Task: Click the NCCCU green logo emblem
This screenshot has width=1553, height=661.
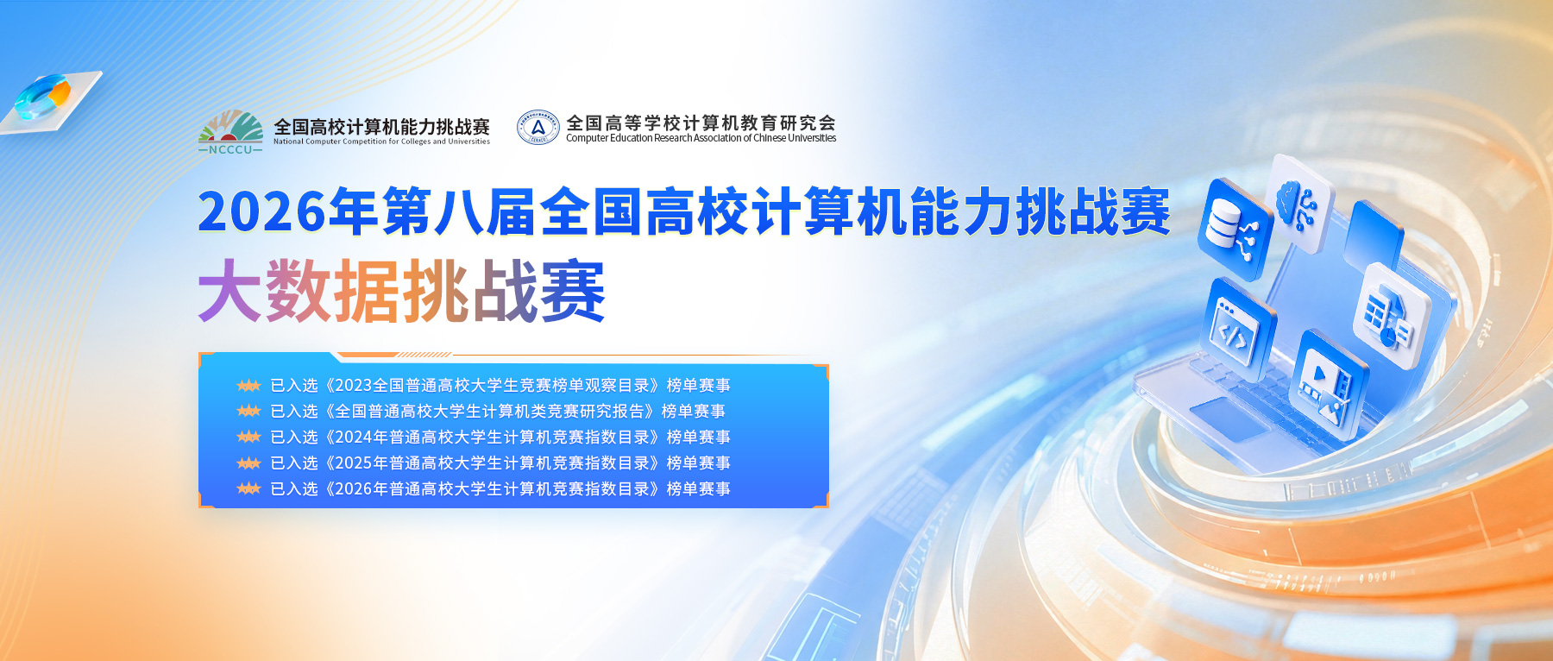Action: click(x=230, y=132)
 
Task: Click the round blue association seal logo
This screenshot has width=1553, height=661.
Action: click(x=538, y=128)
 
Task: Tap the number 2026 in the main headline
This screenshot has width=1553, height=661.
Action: click(x=262, y=211)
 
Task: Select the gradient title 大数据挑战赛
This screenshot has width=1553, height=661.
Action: click(x=402, y=291)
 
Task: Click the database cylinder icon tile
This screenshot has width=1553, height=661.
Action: click(x=1235, y=228)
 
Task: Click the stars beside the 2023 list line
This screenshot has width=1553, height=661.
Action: click(x=248, y=386)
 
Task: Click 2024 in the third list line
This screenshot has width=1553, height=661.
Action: click(x=354, y=438)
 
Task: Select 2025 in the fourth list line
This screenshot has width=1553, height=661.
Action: click(x=354, y=463)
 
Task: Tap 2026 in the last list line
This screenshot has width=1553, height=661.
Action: click(x=354, y=489)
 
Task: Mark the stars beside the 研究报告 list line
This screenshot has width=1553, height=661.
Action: click(x=248, y=412)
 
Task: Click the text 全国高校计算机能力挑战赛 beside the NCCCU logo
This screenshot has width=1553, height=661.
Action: click(x=381, y=127)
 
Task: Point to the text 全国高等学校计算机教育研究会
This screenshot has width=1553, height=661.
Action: click(x=701, y=123)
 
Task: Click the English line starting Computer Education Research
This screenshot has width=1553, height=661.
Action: click(x=701, y=138)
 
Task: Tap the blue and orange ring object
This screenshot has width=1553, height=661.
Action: click(x=43, y=96)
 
